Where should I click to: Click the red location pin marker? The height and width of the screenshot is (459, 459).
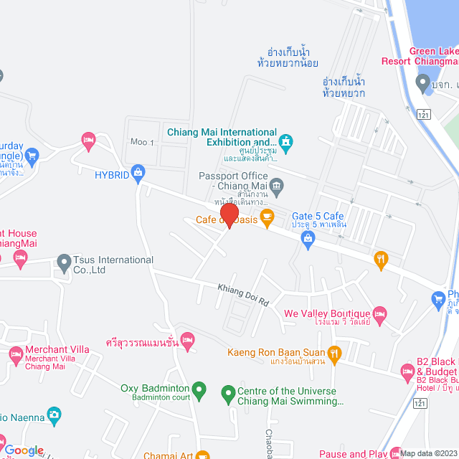(229, 216)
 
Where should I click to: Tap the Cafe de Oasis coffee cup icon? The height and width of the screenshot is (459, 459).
(267, 218)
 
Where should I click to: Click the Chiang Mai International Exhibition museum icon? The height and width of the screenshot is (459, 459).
(286, 141)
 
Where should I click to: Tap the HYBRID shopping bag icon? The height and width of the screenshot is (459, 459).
(138, 172)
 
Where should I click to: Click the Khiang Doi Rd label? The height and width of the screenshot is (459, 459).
(243, 293)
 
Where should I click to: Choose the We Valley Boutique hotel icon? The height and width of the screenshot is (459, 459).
(380, 314)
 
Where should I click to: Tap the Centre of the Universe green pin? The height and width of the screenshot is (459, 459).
(228, 392)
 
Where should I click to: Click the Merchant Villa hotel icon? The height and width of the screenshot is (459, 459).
(16, 354)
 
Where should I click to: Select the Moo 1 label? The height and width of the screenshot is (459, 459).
(142, 142)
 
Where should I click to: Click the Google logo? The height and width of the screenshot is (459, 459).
(24, 450)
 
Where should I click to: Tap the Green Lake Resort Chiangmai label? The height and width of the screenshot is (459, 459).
(434, 56)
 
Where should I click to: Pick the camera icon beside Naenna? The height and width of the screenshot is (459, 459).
(54, 416)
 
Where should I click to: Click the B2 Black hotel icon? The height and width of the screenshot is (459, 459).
(407, 372)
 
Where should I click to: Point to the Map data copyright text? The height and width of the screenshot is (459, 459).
(429, 453)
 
